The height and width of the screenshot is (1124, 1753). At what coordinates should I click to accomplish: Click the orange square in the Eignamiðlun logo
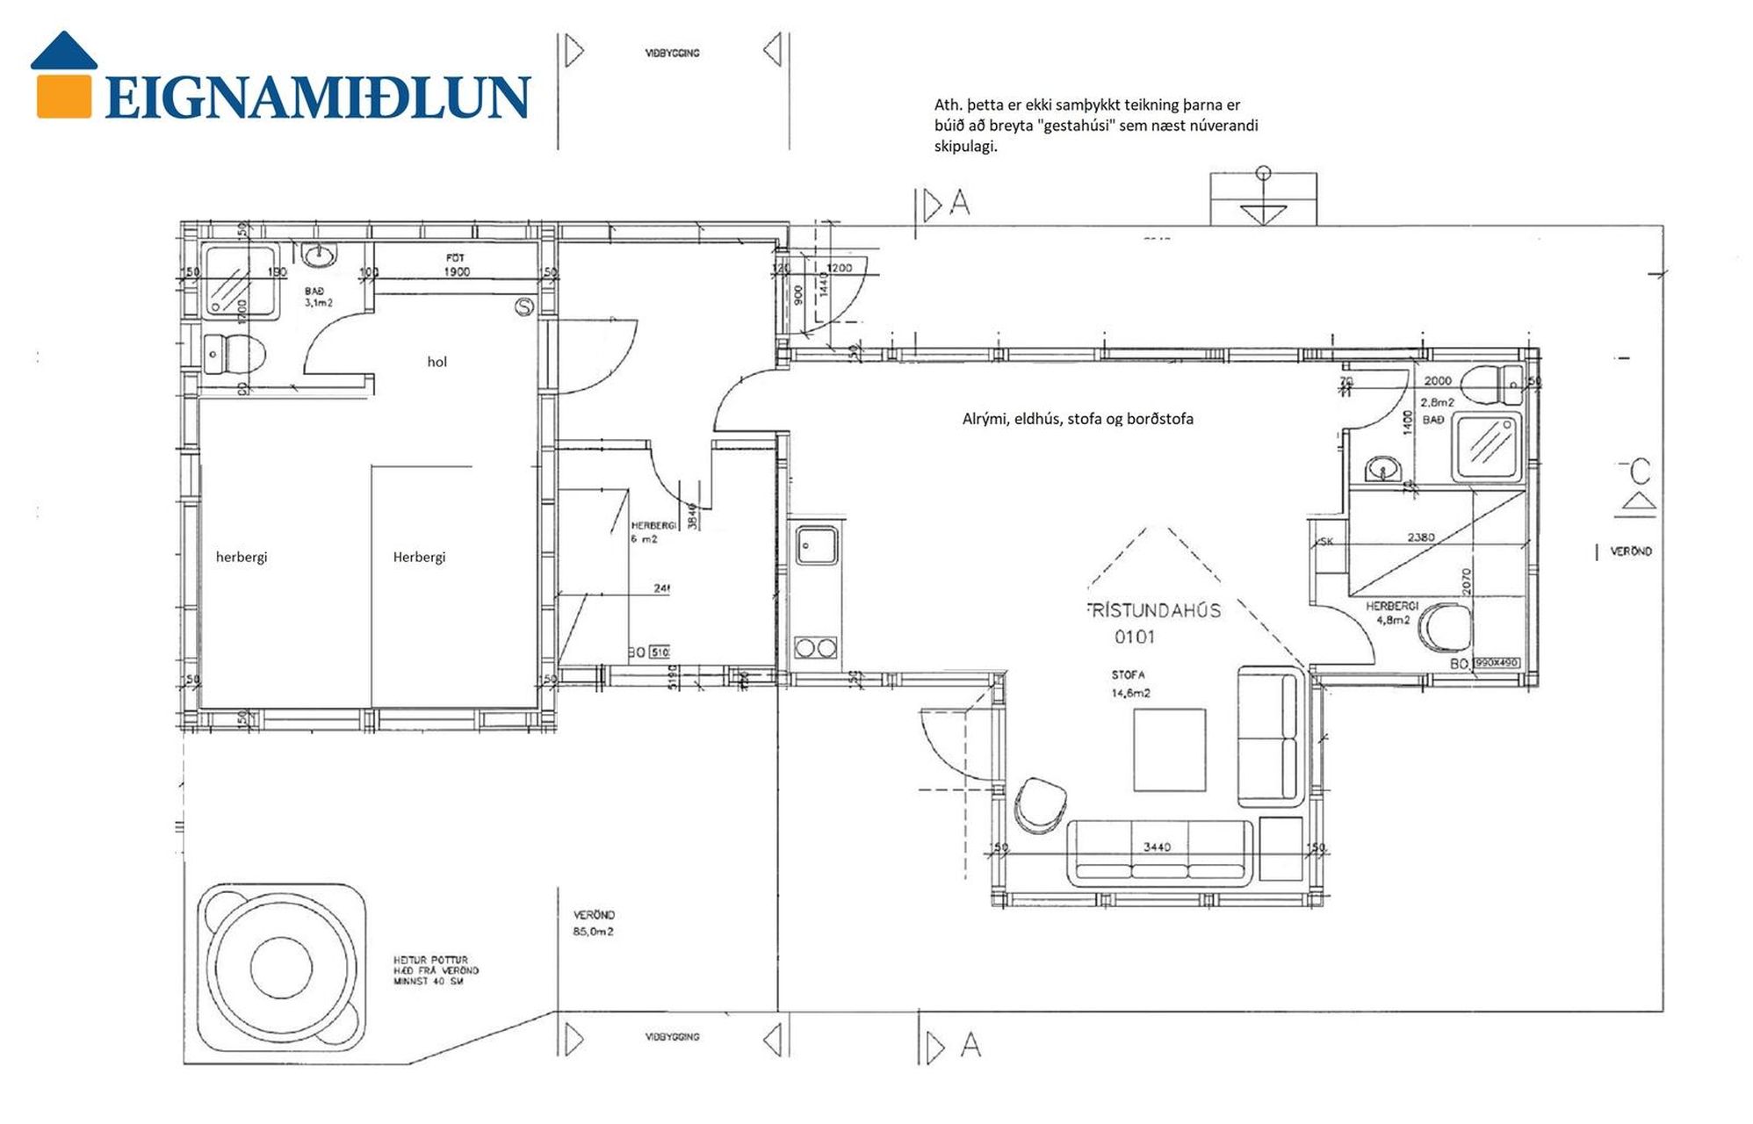point(63,96)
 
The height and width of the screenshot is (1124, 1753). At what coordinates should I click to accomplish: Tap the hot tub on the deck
point(281,967)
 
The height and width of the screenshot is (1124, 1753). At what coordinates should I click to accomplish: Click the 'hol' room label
point(436,362)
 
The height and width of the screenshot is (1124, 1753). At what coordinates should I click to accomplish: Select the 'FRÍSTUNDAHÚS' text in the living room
point(1154,610)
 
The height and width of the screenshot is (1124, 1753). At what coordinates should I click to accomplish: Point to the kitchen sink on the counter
point(816,544)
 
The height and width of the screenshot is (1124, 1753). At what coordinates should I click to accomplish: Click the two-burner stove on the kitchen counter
point(815,649)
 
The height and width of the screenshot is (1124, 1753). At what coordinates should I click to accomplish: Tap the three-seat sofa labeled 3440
point(1159,854)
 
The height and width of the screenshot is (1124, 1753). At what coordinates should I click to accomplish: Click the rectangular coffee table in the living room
point(1169,750)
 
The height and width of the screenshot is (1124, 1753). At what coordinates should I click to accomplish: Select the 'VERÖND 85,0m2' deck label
point(594,923)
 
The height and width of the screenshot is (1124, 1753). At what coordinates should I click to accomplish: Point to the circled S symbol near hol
point(524,306)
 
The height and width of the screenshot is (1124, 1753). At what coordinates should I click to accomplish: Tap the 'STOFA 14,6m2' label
point(1130,684)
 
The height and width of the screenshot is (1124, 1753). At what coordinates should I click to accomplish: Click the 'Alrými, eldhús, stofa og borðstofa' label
point(1078,419)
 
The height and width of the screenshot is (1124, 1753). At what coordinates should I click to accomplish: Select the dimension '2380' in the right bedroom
point(1420,537)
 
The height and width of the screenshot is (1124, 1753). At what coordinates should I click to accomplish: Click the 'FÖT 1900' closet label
point(456,264)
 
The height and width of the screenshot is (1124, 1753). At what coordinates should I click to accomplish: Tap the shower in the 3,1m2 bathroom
point(239,282)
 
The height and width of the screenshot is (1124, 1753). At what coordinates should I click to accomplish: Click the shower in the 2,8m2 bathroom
point(1487,448)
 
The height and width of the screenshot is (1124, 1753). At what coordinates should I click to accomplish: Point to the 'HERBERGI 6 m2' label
point(653,532)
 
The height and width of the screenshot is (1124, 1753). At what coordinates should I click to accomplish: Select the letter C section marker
point(1639,472)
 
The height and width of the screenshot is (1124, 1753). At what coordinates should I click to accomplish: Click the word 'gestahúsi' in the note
point(1077,126)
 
